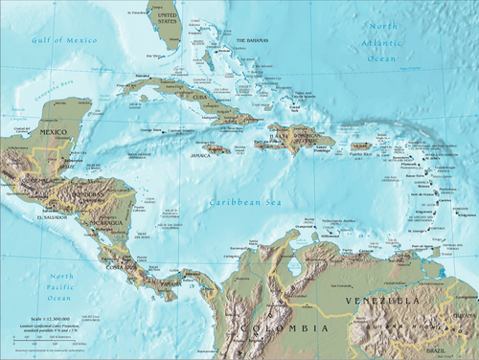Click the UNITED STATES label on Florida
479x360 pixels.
point(167,19)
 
